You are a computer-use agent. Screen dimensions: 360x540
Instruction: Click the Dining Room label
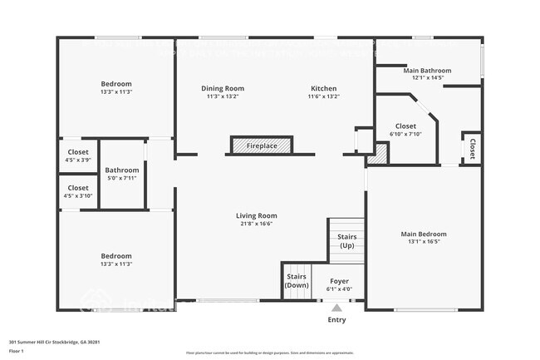tap(223, 88)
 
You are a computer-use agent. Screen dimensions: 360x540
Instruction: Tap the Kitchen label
tap(324, 88)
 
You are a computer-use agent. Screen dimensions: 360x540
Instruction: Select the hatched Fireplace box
tap(262, 146)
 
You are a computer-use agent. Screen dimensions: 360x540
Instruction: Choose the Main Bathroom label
tap(427, 71)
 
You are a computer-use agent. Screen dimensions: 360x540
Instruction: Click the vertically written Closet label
tap(472, 149)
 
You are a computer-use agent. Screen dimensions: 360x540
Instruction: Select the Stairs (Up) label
tap(346, 241)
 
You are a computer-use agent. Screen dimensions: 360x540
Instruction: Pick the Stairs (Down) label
tap(297, 280)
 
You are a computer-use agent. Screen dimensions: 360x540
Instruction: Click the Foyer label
tap(339, 280)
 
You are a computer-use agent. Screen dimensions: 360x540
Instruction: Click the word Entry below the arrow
tap(336, 320)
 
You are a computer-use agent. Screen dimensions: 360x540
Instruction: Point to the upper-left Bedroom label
tap(116, 84)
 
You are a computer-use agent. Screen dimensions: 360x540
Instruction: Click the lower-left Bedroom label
tap(116, 256)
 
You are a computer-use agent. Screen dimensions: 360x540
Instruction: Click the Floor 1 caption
tap(17, 352)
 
